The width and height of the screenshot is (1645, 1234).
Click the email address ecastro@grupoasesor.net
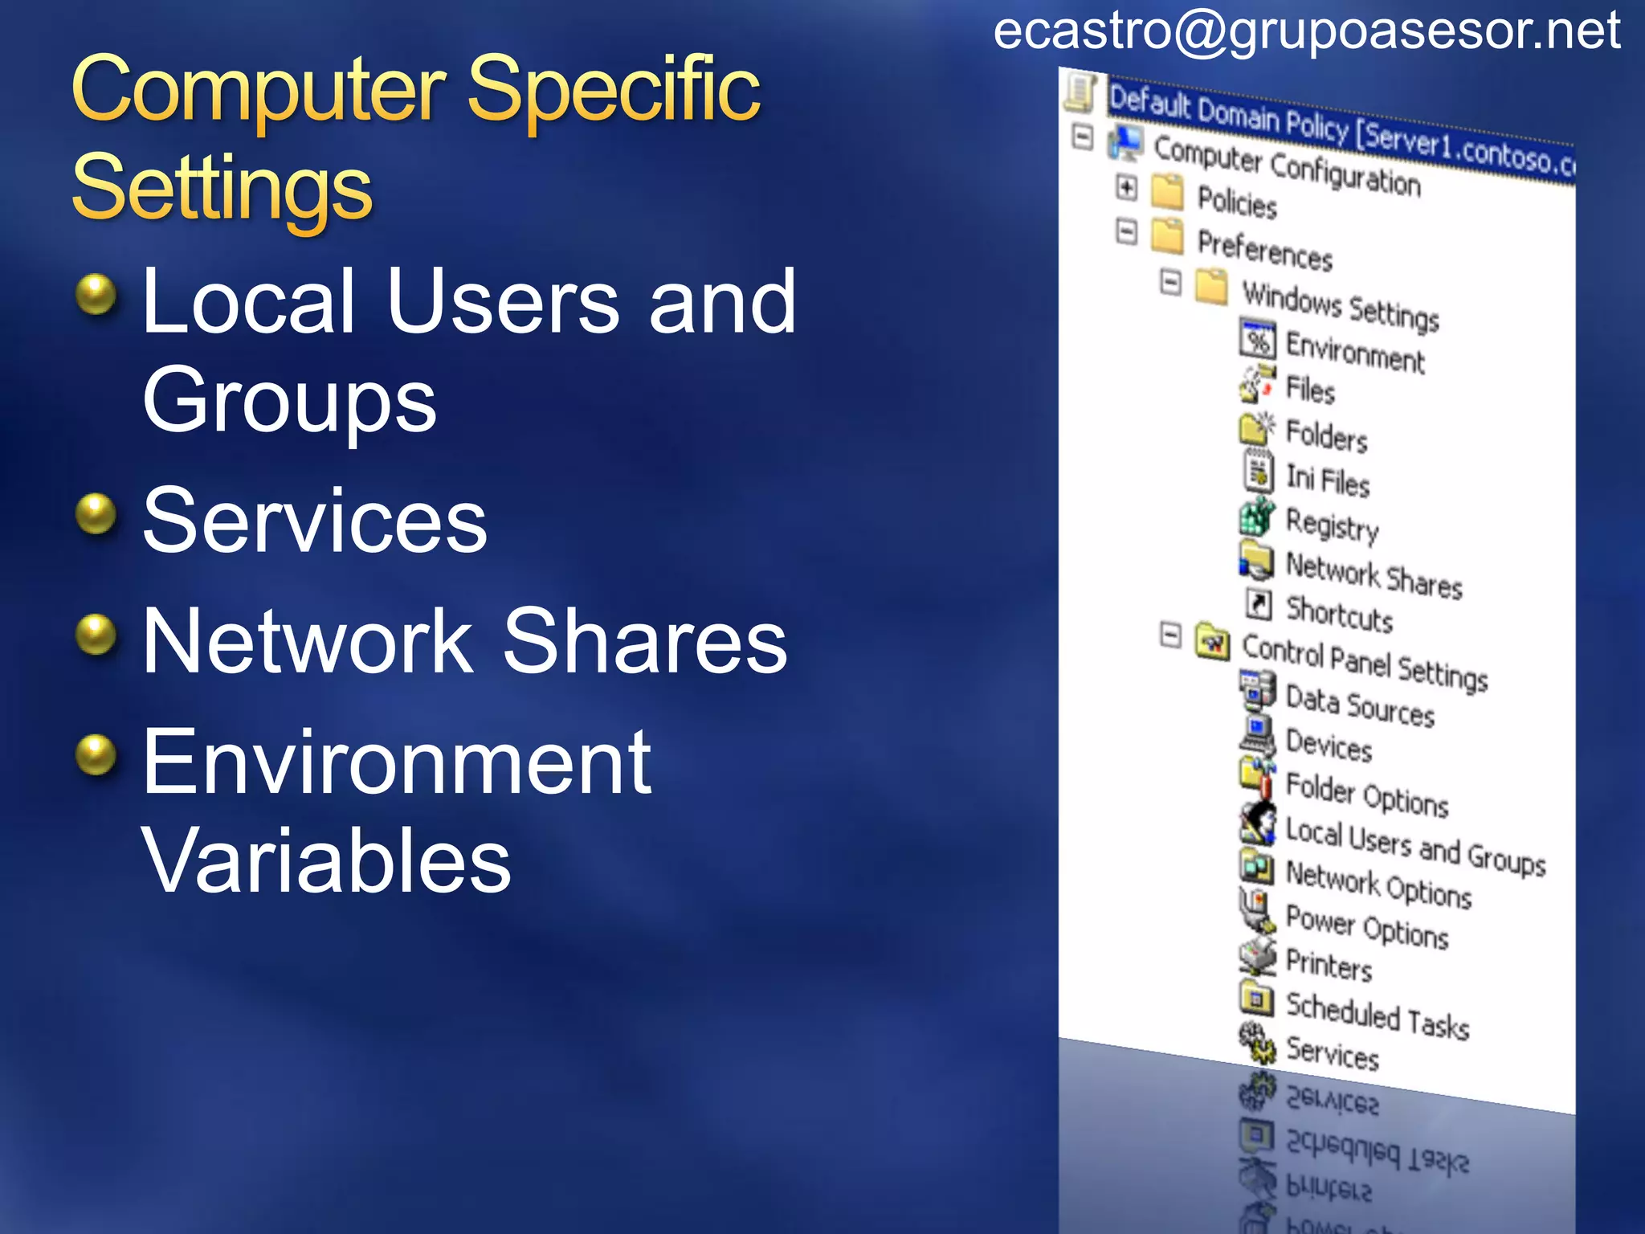[1306, 32]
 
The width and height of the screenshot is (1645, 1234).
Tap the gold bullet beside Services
[96, 514]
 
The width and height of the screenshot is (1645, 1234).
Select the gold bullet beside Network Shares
[96, 635]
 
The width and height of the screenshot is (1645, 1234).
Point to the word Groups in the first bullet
[289, 399]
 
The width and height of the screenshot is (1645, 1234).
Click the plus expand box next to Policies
[1127, 188]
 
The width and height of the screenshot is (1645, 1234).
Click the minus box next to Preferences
[1127, 232]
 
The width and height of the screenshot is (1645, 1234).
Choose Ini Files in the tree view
[1327, 480]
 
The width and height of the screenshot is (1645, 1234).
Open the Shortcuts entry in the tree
[1339, 614]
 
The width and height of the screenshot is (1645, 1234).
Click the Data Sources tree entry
[1359, 706]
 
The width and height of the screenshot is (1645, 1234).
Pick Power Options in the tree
[1366, 926]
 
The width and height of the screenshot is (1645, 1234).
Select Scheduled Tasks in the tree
[1377, 1016]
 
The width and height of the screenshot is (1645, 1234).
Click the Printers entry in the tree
[1329, 965]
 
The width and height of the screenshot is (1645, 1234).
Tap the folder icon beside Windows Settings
[1211, 287]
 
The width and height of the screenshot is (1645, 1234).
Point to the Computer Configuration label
[1287, 165]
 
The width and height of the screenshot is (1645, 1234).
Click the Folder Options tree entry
[1366, 795]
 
